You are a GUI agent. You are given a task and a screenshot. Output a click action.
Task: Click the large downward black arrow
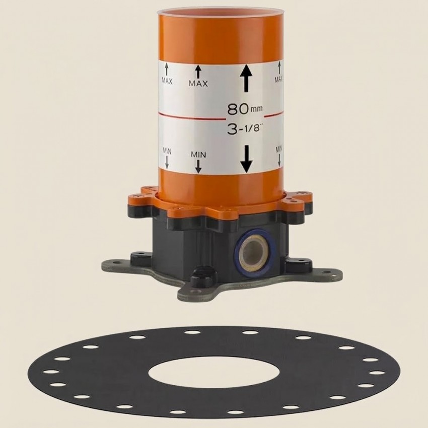pos(247,159)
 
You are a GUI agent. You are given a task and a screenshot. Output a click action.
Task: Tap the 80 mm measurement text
pos(245,109)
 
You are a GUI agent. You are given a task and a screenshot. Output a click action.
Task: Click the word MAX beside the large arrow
pos(198,84)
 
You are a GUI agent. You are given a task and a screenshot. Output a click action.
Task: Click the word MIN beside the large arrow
pos(198,155)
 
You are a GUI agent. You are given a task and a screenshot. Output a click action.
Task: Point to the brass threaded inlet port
pos(254,253)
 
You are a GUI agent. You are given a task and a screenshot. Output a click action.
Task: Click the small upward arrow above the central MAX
pos(198,72)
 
